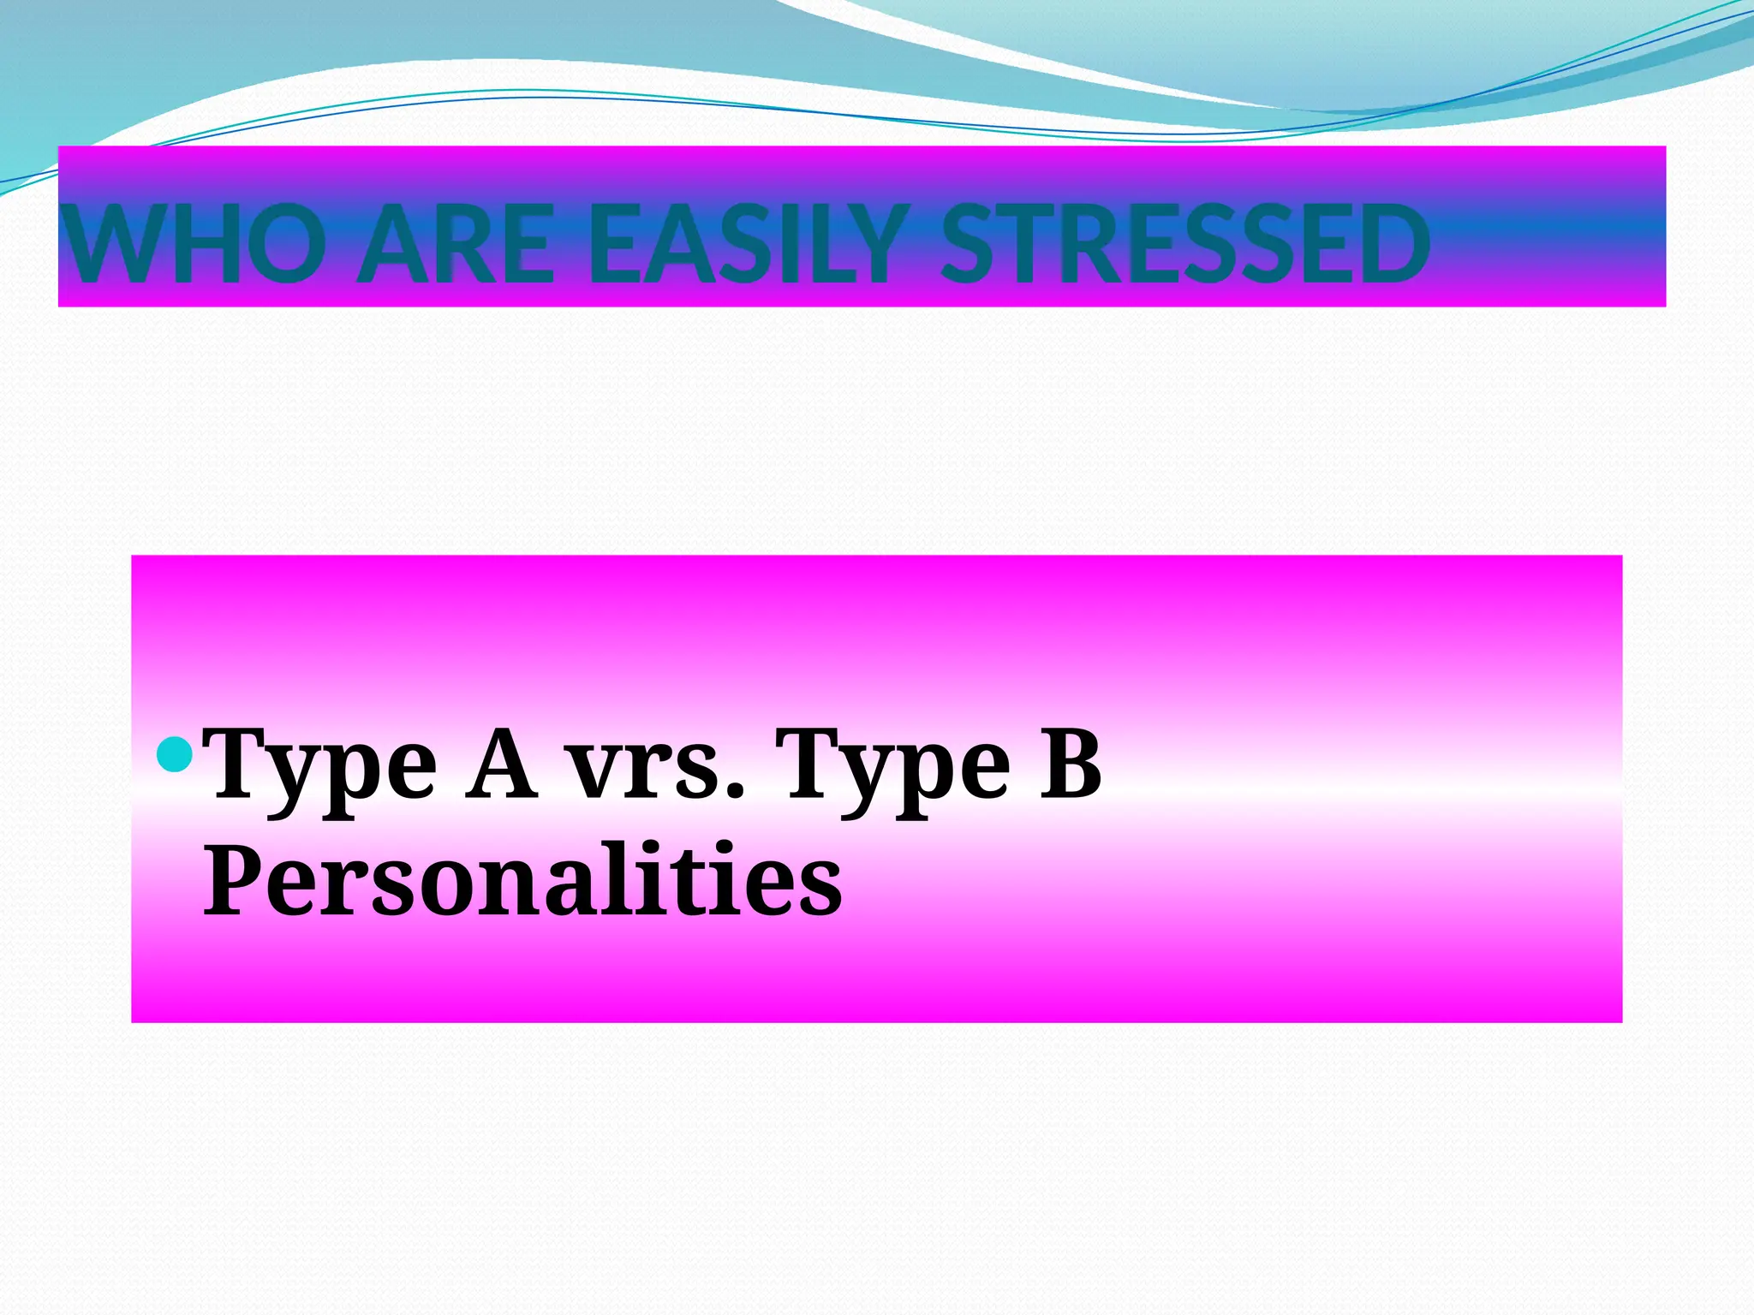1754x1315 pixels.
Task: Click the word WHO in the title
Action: [x=196, y=245]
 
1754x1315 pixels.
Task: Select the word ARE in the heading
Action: [x=455, y=245]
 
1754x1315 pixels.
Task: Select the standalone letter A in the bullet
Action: [x=503, y=762]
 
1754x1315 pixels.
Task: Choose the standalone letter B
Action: [x=1071, y=762]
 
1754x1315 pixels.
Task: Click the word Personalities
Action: [x=522, y=879]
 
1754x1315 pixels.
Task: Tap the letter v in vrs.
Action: [x=594, y=768]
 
